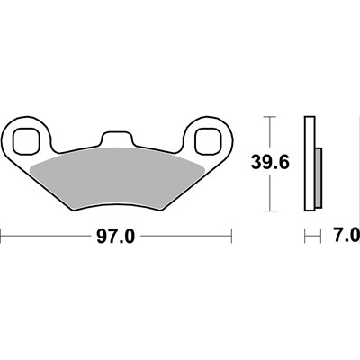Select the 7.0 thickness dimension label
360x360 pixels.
point(346,238)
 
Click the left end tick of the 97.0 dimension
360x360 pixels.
point(2,237)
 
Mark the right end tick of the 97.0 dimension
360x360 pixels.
point(233,237)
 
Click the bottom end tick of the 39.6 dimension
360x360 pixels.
point(267,211)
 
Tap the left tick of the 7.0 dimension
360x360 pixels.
point(306,238)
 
